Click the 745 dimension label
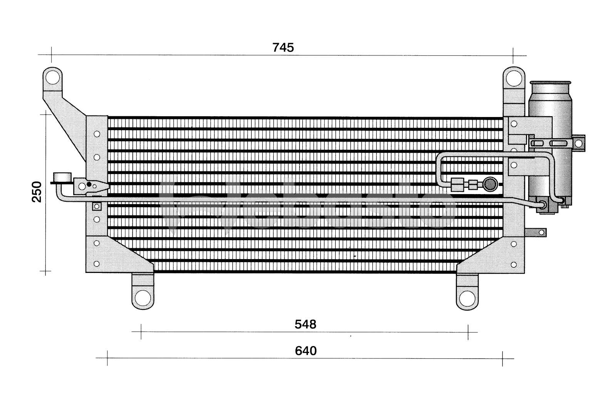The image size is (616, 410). pyautogui.click(x=283, y=48)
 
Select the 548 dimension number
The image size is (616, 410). pyautogui.click(x=305, y=325)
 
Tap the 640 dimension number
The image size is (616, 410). pyautogui.click(x=306, y=351)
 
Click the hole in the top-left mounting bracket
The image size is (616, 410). pyautogui.click(x=52, y=78)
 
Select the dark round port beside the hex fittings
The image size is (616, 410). pyautogui.click(x=490, y=184)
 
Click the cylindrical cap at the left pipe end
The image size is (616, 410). pyautogui.click(x=62, y=177)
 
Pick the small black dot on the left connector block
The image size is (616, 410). pyautogui.click(x=89, y=184)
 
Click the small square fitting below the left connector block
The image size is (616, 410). pyautogui.click(x=97, y=207)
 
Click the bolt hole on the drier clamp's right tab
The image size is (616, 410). pyautogui.click(x=578, y=143)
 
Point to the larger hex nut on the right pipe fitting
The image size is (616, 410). pyautogui.click(x=457, y=184)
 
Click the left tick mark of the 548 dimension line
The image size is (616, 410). pyautogui.click(x=141, y=332)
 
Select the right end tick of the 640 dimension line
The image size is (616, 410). pyautogui.click(x=502, y=358)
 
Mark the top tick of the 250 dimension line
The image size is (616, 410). pyautogui.click(x=46, y=114)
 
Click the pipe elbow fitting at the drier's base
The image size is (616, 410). pyautogui.click(x=542, y=204)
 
